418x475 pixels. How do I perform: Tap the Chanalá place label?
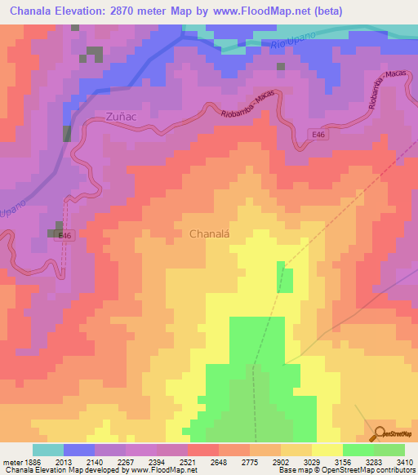coord(210,233)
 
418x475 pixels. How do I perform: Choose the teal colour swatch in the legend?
coord(48,450)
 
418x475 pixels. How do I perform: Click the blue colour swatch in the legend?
coord(79,450)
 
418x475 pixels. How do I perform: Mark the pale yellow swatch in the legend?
coord(327,450)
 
